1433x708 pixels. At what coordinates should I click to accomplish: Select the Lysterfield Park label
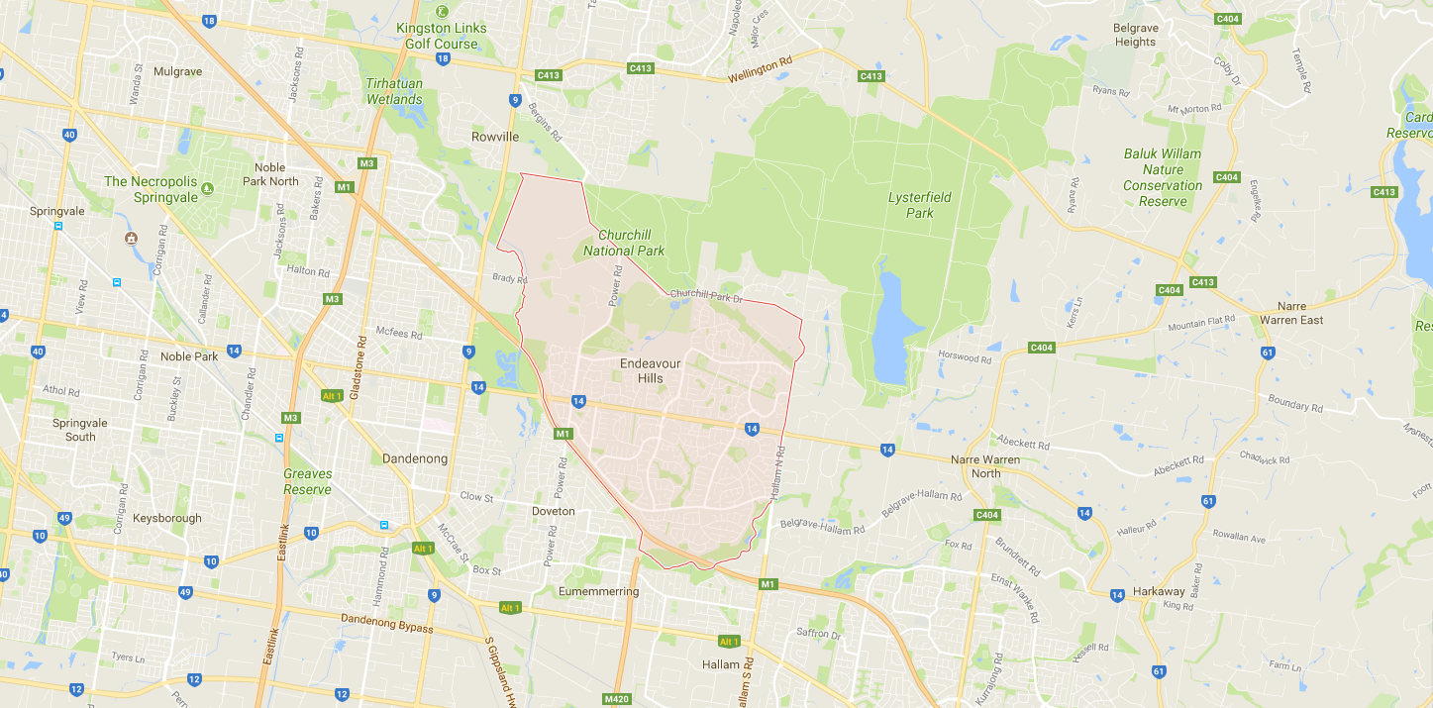point(919,205)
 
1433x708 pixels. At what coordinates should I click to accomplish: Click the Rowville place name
point(495,137)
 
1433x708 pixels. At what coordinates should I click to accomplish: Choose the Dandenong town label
point(415,458)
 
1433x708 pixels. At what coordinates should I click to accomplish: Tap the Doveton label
point(553,511)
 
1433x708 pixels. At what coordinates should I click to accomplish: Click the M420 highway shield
point(616,699)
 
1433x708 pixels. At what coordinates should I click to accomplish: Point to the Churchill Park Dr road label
point(705,294)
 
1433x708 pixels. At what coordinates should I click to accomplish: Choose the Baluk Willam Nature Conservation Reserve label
point(1162,177)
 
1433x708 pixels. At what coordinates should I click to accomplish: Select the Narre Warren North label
point(984,466)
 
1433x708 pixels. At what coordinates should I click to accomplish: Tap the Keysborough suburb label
point(166,518)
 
